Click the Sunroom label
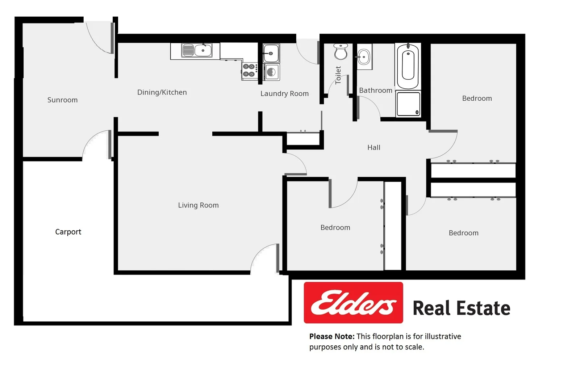(62, 100)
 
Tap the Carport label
(68, 232)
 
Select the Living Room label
(198, 205)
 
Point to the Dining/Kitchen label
(162, 92)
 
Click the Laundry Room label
(284, 93)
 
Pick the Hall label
(373, 147)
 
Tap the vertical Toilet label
(338, 75)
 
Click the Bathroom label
(376, 91)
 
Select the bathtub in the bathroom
(408, 66)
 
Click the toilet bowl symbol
(341, 51)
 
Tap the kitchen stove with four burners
(250, 70)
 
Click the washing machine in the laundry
(272, 72)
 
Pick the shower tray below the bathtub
(408, 104)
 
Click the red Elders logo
(353, 303)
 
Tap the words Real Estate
(461, 308)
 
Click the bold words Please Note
(331, 336)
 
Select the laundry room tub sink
(271, 53)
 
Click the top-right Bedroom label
(477, 98)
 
